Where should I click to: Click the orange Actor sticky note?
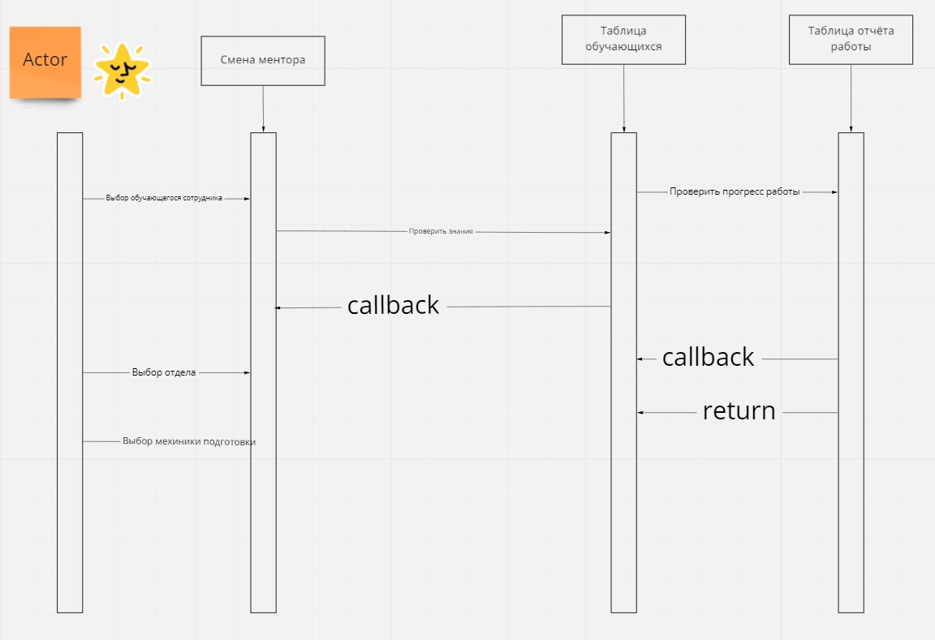[x=45, y=62]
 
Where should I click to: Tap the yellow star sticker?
[x=122, y=71]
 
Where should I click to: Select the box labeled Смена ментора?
[x=263, y=60]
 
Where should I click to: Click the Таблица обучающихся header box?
[x=623, y=40]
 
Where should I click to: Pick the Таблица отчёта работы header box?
[x=851, y=40]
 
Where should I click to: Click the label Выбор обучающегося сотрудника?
[x=164, y=198]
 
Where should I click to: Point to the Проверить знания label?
[x=441, y=231]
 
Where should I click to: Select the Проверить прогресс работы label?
[x=735, y=192]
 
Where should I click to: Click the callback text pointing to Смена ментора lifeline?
[x=393, y=306]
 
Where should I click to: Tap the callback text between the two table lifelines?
[x=708, y=358]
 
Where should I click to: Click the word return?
[x=739, y=411]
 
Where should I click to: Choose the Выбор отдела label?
[x=164, y=373]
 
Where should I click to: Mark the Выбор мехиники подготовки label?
[x=189, y=441]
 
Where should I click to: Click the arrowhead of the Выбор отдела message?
[x=247, y=373]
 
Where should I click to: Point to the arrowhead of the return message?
[x=640, y=413]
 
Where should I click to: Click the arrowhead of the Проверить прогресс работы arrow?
[x=834, y=192]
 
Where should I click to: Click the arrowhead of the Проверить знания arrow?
[x=606, y=233]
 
